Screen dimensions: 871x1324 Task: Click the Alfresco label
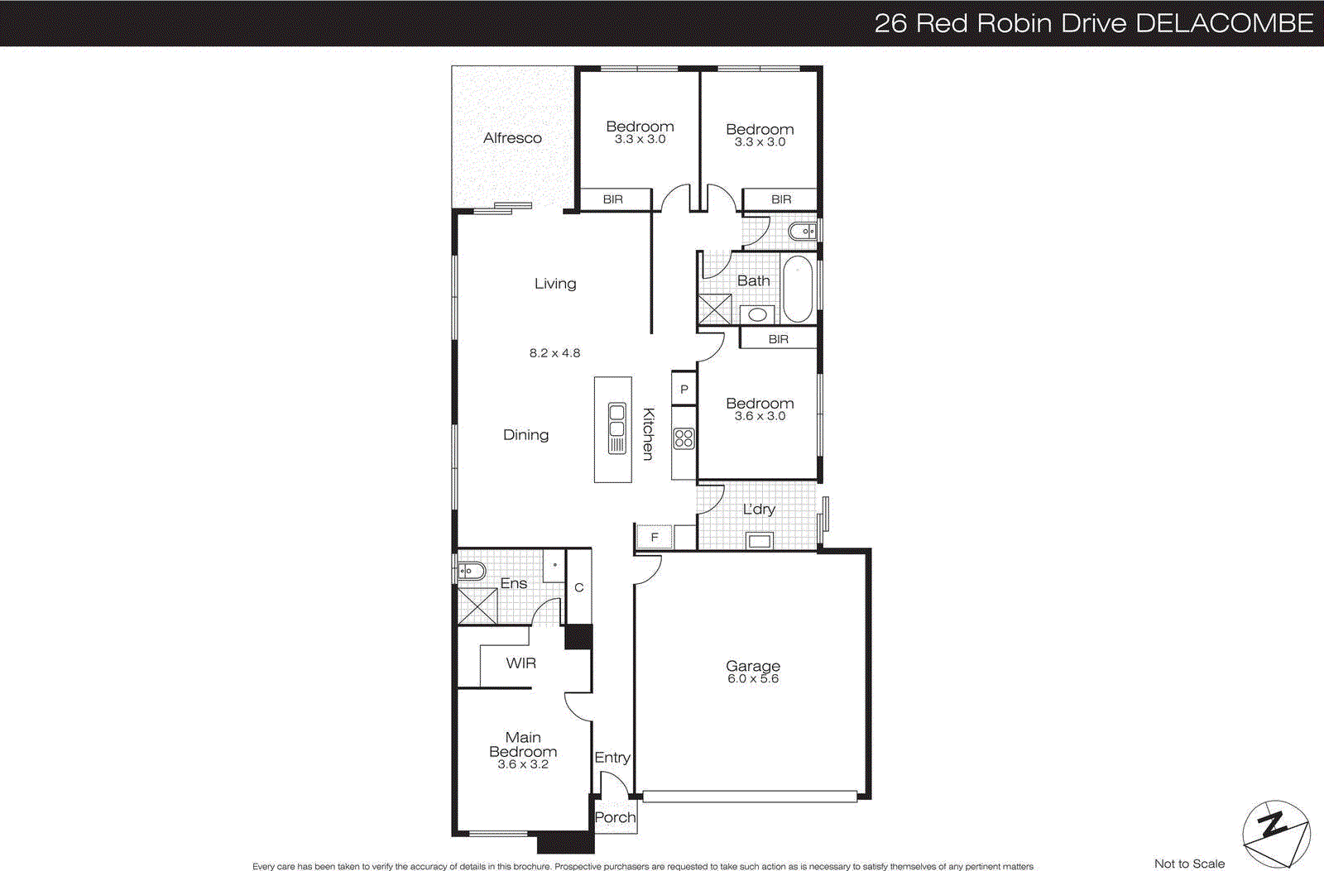click(x=512, y=138)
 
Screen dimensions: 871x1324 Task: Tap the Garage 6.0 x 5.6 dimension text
click(x=753, y=679)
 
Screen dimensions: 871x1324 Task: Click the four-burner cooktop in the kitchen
click(x=684, y=438)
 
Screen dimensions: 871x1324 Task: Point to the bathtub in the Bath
click(x=798, y=290)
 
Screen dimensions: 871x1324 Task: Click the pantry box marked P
click(x=684, y=390)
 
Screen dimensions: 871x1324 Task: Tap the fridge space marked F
click(x=654, y=538)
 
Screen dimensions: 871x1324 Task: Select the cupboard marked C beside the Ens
click(x=579, y=588)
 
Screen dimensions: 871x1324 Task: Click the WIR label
click(x=520, y=663)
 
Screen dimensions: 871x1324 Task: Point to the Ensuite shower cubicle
click(x=477, y=605)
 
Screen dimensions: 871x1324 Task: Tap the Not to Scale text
click(x=1189, y=864)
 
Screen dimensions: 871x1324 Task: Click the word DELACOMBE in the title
click(x=1224, y=22)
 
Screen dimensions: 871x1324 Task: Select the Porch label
click(x=615, y=817)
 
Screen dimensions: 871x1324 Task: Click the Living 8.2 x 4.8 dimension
click(x=554, y=353)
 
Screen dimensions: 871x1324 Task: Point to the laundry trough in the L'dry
click(x=759, y=542)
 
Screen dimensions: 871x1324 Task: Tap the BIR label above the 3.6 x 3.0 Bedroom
click(x=778, y=339)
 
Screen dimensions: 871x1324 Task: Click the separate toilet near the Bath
click(x=803, y=232)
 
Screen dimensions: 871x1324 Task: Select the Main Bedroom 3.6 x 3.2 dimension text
click(x=522, y=765)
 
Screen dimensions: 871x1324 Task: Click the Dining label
click(x=525, y=435)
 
